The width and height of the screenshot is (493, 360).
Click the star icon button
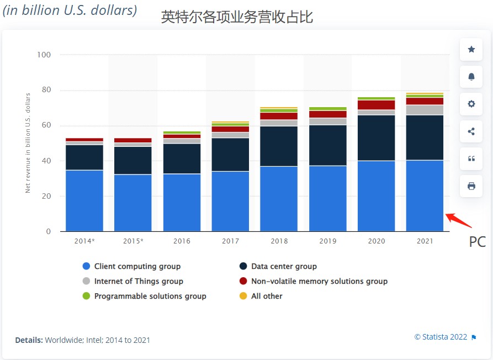[x=471, y=50]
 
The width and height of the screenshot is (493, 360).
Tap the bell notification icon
[x=471, y=77]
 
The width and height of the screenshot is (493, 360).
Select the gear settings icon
[x=471, y=104]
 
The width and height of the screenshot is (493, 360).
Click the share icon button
[x=471, y=131]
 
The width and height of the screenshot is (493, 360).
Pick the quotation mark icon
[x=471, y=158]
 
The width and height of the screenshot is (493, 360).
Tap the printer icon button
[x=471, y=186]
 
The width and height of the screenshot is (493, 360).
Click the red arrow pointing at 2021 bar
[x=459, y=220]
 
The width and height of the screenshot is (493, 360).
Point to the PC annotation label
[x=477, y=242]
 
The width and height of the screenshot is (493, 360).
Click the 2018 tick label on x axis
[x=279, y=241]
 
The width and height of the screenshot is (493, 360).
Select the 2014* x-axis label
[x=84, y=241]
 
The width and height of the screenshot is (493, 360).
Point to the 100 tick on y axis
[x=43, y=55]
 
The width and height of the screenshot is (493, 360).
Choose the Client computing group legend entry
[x=137, y=266]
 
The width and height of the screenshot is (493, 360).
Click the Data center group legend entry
[x=283, y=266]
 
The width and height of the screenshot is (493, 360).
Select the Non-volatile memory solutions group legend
[x=319, y=281]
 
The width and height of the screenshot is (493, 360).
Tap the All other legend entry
[x=266, y=296]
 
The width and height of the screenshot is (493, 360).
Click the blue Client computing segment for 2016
[x=182, y=202]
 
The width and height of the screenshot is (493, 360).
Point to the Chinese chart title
[x=237, y=17]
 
